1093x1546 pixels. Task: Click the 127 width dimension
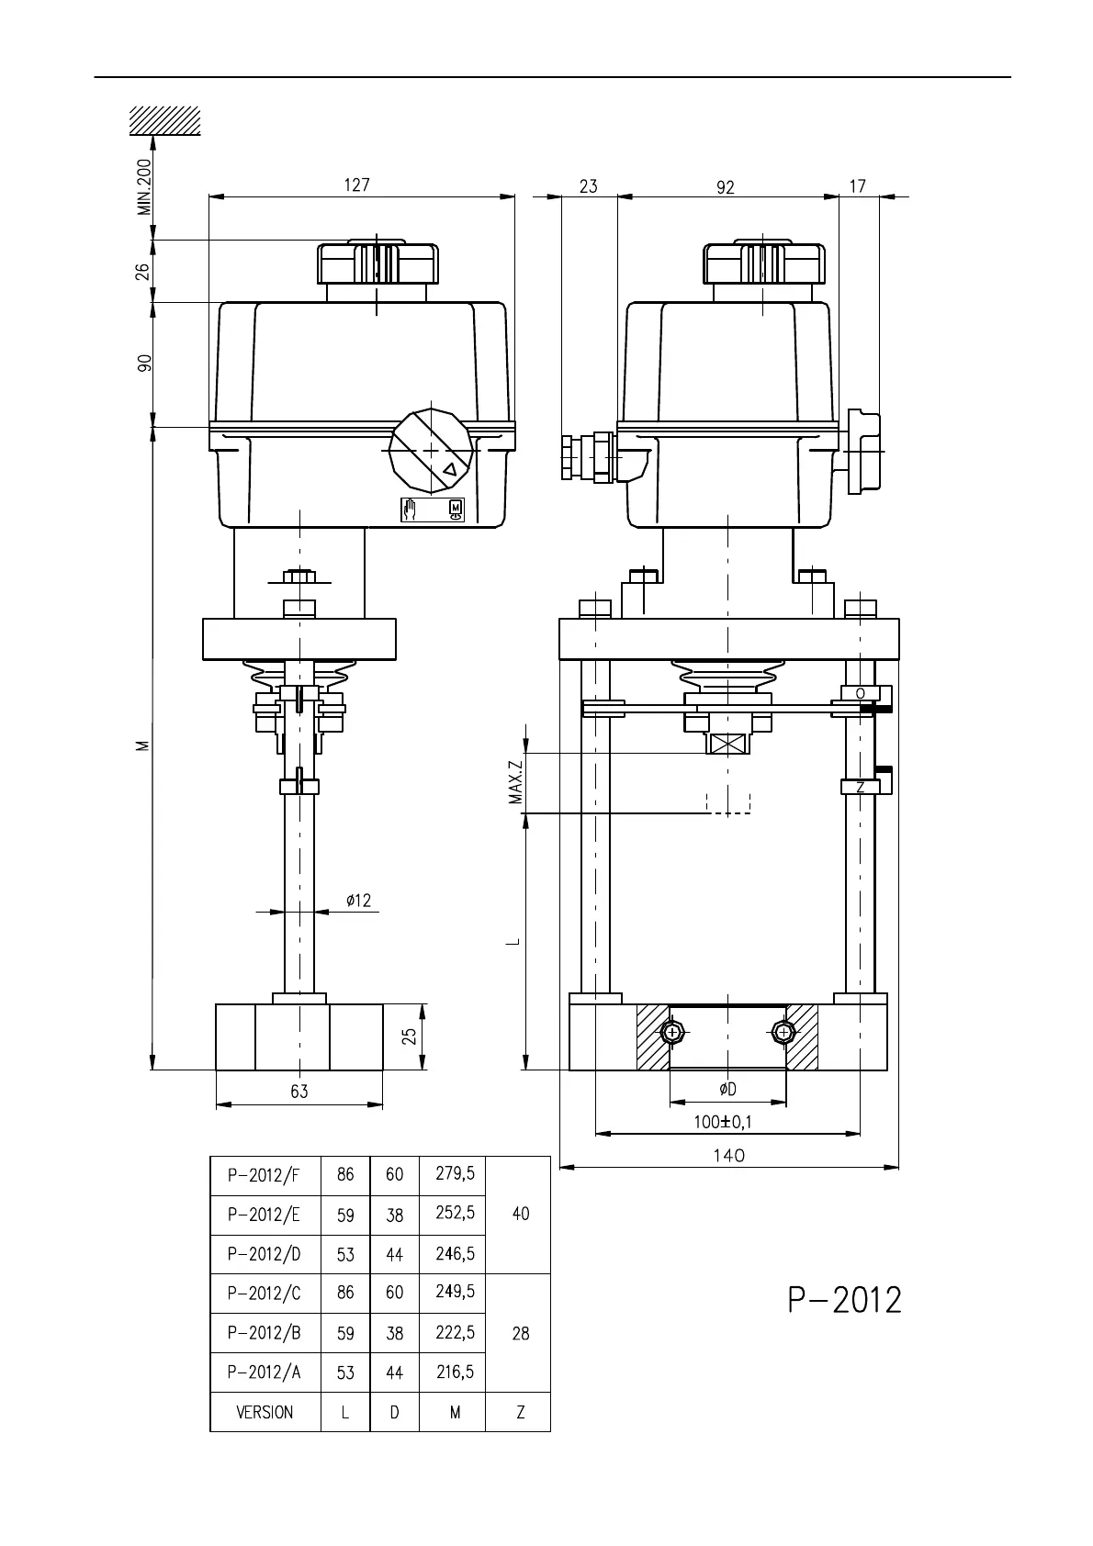tap(357, 185)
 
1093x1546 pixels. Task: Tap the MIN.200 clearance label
tap(143, 187)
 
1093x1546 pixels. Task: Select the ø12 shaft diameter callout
tap(358, 900)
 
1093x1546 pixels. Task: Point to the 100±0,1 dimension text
tap(722, 1122)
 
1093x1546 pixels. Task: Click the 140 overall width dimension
tap(729, 1155)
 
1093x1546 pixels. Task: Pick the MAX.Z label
tap(516, 779)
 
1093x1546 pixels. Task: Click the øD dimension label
tap(727, 1089)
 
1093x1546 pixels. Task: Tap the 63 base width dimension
tap(299, 1092)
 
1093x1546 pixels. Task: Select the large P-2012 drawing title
tap(844, 1300)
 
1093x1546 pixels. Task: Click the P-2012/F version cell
tap(265, 1175)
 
